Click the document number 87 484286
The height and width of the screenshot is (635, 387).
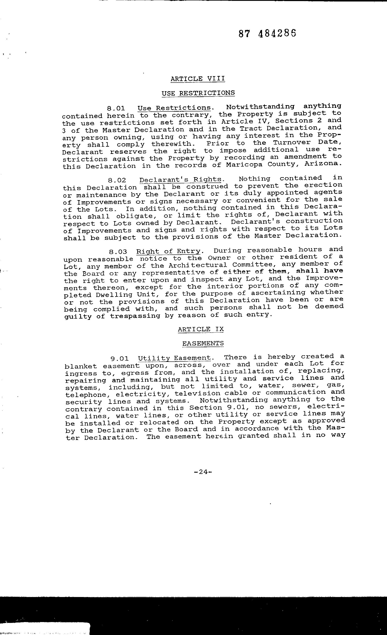[x=267, y=34]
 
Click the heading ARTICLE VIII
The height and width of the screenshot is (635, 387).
[x=198, y=79]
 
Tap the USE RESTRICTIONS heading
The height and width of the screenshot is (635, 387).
[x=198, y=93]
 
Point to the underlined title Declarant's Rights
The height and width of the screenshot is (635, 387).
[x=180, y=180]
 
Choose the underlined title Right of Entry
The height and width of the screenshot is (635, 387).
[x=168, y=251]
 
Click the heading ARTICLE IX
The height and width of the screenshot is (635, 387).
[x=201, y=329]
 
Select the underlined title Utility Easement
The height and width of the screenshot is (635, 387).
[x=174, y=358]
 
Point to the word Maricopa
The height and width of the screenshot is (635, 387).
[x=244, y=164]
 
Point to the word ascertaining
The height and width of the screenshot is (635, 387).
[x=278, y=293]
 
